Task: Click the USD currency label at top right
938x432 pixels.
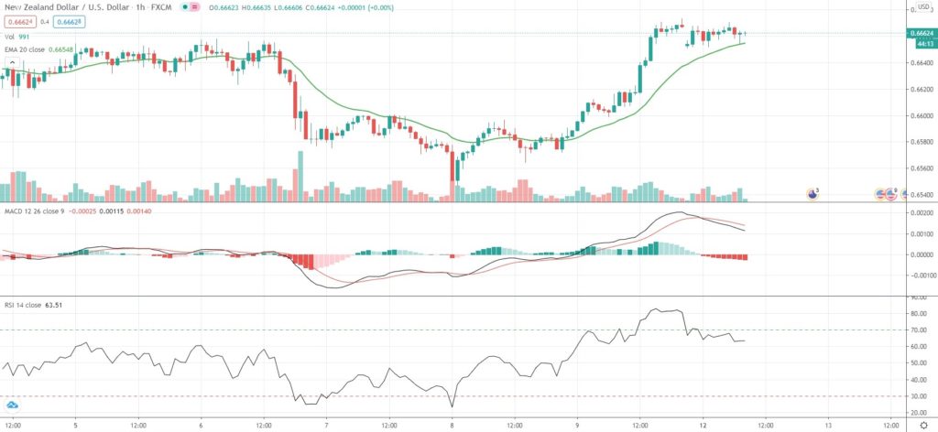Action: pyautogui.click(x=924, y=6)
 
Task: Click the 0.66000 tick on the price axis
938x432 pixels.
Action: pyautogui.click(x=919, y=116)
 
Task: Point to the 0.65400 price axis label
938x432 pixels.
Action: pyautogui.click(x=919, y=196)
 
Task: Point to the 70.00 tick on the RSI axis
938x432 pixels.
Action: pyautogui.click(x=916, y=329)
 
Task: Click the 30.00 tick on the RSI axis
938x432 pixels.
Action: pyautogui.click(x=916, y=395)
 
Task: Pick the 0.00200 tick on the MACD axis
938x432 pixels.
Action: pyautogui.click(x=919, y=212)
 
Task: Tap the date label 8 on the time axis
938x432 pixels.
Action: pyautogui.click(x=453, y=426)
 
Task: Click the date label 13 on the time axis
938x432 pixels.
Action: pyautogui.click(x=828, y=426)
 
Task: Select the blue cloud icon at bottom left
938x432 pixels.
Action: pyautogui.click(x=13, y=405)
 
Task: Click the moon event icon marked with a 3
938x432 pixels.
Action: pyautogui.click(x=812, y=193)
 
